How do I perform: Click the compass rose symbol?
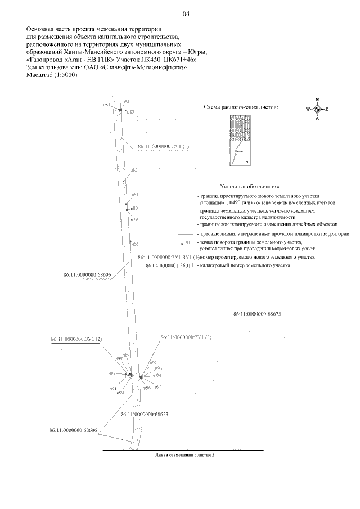[317, 109]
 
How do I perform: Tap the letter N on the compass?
[317, 100]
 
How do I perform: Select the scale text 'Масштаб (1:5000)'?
[51, 75]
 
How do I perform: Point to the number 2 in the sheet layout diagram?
[247, 162]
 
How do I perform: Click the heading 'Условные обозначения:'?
[250, 186]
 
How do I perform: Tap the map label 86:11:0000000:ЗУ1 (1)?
[163, 146]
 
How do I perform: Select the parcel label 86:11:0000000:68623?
[145, 413]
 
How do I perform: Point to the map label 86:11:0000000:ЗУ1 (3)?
[186, 337]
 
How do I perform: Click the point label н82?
[134, 169]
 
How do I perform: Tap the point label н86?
[135, 244]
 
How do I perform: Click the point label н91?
[113, 388]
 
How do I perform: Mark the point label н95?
[159, 387]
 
